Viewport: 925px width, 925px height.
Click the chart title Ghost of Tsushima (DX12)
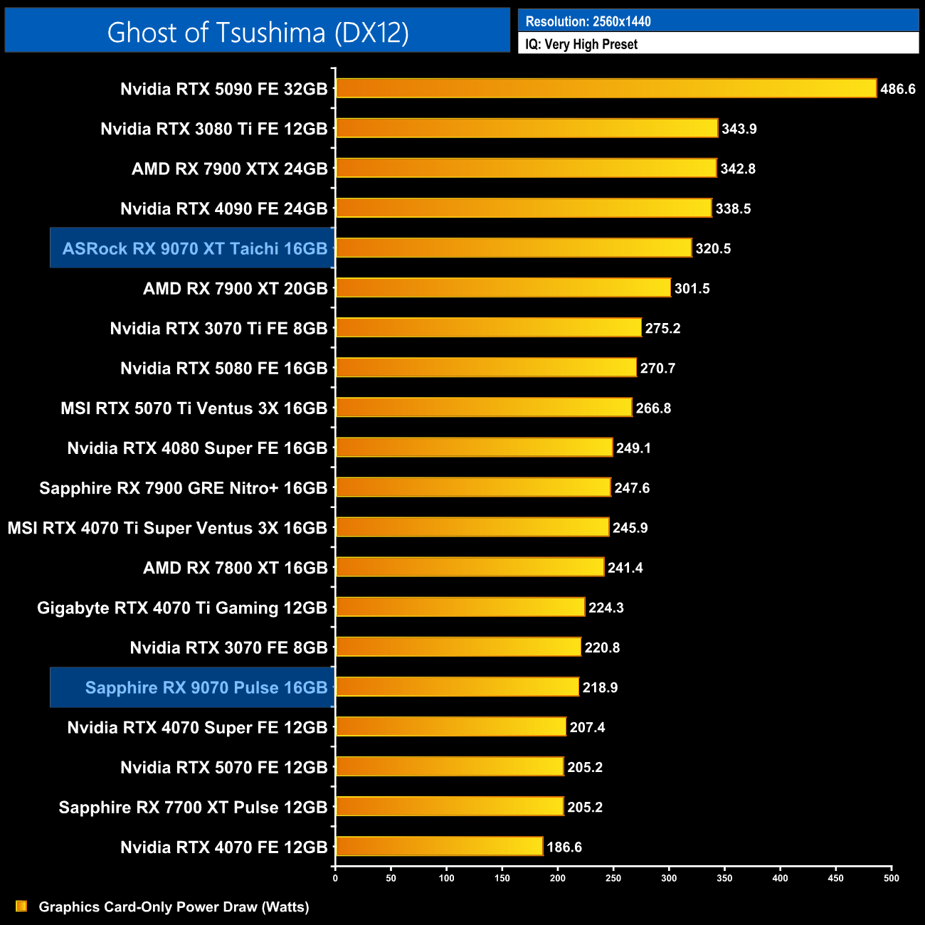(258, 32)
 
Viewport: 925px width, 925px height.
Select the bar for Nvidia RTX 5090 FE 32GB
(606, 88)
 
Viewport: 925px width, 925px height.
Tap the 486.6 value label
(897, 89)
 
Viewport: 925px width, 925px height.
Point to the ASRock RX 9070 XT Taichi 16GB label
(194, 248)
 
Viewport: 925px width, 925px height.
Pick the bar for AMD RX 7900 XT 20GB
(503, 287)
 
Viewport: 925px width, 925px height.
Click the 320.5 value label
(713, 248)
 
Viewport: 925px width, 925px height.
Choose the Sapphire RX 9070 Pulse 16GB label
(206, 687)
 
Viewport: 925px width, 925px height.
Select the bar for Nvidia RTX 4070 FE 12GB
(439, 846)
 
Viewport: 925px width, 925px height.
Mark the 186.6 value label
(564, 847)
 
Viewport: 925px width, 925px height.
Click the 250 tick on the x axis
(613, 878)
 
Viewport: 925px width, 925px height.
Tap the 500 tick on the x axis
(891, 878)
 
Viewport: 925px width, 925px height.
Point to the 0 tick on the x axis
(335, 878)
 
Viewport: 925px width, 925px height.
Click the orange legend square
(21, 906)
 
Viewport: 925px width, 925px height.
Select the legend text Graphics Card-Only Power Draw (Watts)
(174, 906)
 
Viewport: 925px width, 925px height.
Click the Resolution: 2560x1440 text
(588, 21)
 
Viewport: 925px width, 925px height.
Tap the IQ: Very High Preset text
(581, 44)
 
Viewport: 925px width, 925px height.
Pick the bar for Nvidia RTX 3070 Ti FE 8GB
(488, 327)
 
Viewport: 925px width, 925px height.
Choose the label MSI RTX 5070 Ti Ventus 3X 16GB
(194, 408)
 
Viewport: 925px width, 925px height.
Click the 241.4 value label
(625, 568)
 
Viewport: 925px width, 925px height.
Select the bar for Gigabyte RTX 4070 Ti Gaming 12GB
(460, 607)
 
